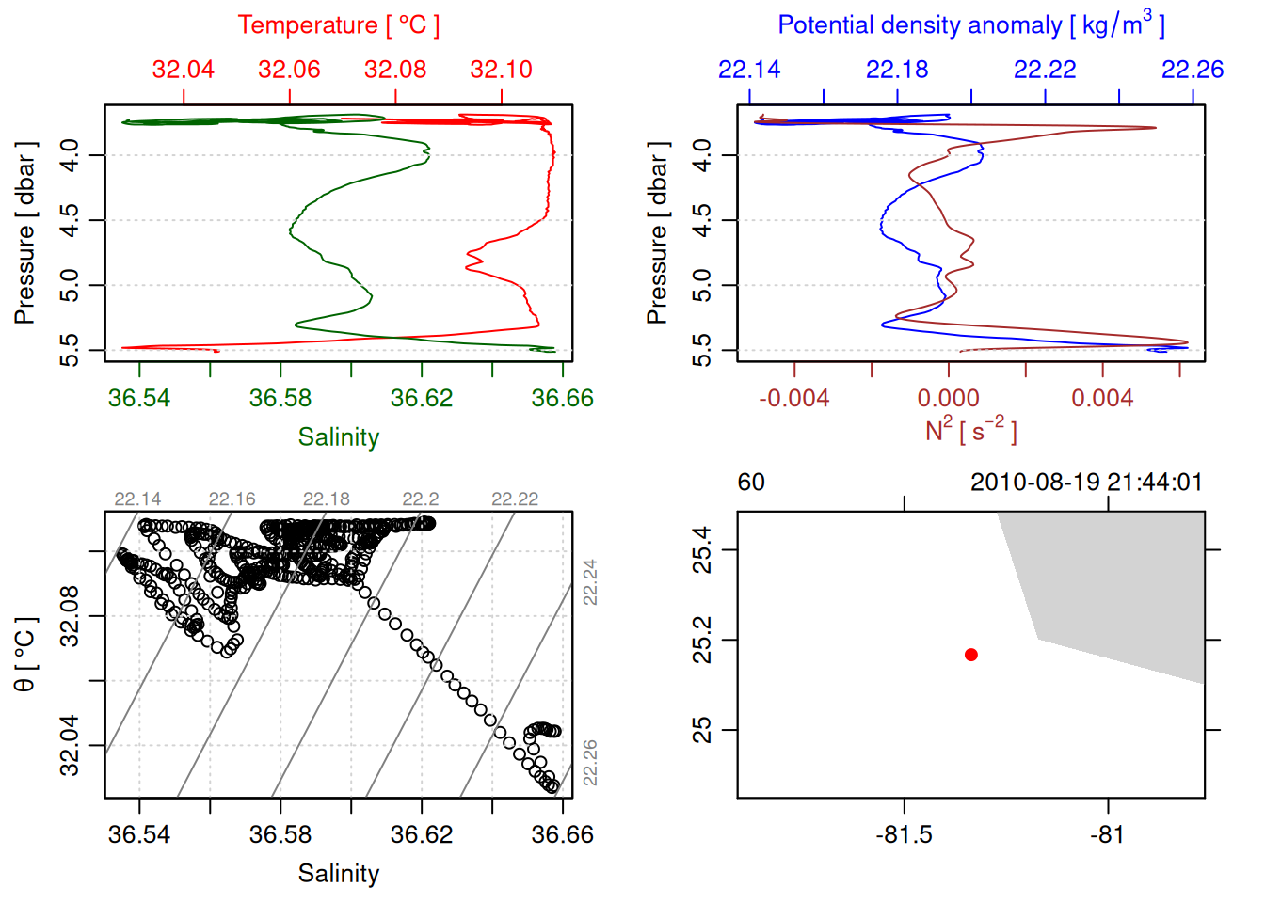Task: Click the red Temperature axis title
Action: coord(338,25)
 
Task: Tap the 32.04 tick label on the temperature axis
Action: coord(184,70)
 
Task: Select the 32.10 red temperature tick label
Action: coord(501,70)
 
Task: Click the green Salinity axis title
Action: coord(338,437)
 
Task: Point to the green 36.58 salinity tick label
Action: coord(280,399)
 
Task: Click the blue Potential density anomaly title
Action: coord(970,25)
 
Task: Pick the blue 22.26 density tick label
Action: coord(1192,70)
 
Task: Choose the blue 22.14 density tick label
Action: coord(749,70)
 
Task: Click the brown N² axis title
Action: coord(970,431)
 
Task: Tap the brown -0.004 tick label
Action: coord(794,399)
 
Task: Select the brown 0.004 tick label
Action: coord(1102,399)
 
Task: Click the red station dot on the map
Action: coord(971,655)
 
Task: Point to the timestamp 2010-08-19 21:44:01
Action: coord(1086,483)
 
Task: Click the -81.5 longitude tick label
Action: coord(904,835)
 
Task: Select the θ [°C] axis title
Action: coord(24,655)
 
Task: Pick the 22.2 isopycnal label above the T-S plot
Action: coord(420,499)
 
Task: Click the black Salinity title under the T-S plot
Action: coord(338,874)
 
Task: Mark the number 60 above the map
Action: coord(751,483)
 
